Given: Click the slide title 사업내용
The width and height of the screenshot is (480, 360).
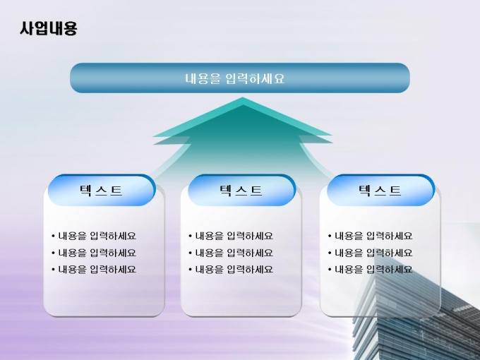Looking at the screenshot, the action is point(49,28).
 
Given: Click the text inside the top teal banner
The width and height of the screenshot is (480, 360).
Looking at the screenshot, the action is point(235,78).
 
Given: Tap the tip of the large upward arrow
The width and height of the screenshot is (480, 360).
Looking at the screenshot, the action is point(243,97).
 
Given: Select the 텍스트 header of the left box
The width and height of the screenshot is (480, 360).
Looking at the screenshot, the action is point(101,191).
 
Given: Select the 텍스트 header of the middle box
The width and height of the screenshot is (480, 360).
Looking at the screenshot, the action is point(241,191).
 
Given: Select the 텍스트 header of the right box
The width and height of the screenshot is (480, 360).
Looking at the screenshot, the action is point(380,191).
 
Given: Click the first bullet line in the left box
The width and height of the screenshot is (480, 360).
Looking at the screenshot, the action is point(94,236).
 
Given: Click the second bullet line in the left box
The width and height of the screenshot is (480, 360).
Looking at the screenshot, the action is point(94,253).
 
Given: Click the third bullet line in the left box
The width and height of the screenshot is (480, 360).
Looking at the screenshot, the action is point(94,270).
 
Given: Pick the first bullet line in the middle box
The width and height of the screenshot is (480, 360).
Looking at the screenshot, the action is point(231,236).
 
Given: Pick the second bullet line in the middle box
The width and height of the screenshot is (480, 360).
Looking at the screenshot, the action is point(231,253).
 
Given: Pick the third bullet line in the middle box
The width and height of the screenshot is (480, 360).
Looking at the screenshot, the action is point(231,270).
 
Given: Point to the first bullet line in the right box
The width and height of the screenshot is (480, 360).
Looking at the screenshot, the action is point(370,236).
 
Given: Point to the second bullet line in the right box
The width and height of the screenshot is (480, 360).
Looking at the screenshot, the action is point(370,253).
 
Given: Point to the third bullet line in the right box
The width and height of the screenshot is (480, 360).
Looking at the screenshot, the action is point(370,270).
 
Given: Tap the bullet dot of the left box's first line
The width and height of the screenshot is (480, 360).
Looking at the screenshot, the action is point(53,236).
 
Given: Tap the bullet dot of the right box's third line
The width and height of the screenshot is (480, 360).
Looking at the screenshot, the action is point(330,270).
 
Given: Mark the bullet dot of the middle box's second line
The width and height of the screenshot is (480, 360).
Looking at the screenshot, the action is point(191,253).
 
